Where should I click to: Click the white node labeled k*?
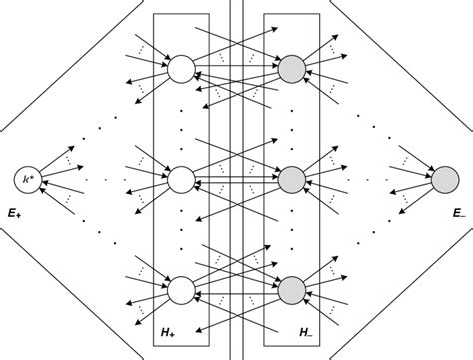[27, 180]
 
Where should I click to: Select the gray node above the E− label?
[444, 180]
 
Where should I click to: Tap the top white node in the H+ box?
[181, 69]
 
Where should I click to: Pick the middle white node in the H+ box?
[181, 180]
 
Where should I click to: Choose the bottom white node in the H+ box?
[181, 290]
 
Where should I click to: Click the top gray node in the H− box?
[291, 69]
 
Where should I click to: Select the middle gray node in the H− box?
[291, 180]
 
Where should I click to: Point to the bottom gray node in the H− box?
[291, 290]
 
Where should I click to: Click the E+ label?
[15, 212]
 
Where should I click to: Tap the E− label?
[458, 212]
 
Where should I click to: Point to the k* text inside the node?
[27, 180]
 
